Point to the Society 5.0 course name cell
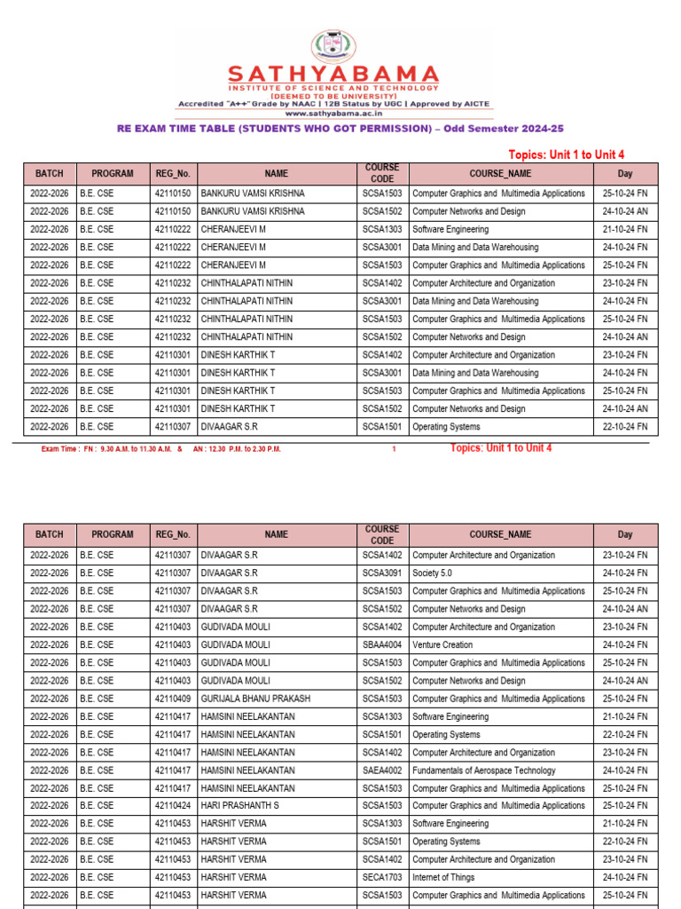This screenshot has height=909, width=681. click(x=432, y=573)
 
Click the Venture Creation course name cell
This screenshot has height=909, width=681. click(x=442, y=645)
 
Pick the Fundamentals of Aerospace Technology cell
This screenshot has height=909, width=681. click(x=484, y=771)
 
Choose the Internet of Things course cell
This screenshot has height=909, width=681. click(x=443, y=877)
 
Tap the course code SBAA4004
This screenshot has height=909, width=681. click(x=382, y=645)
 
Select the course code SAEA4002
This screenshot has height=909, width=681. click(x=382, y=771)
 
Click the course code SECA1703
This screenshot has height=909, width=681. click(x=382, y=877)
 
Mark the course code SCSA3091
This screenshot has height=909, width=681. click(x=382, y=573)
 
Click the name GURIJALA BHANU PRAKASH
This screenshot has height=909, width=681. click(x=255, y=699)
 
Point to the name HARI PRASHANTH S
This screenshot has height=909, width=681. click(x=239, y=806)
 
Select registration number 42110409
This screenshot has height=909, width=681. click(x=173, y=699)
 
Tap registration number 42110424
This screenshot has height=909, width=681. click(x=173, y=806)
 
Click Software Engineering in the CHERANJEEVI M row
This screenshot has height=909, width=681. click(x=450, y=229)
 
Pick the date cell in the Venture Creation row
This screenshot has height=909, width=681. click(x=625, y=645)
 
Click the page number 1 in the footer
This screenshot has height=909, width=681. click(x=394, y=449)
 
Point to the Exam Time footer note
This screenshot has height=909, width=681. click(x=160, y=449)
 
